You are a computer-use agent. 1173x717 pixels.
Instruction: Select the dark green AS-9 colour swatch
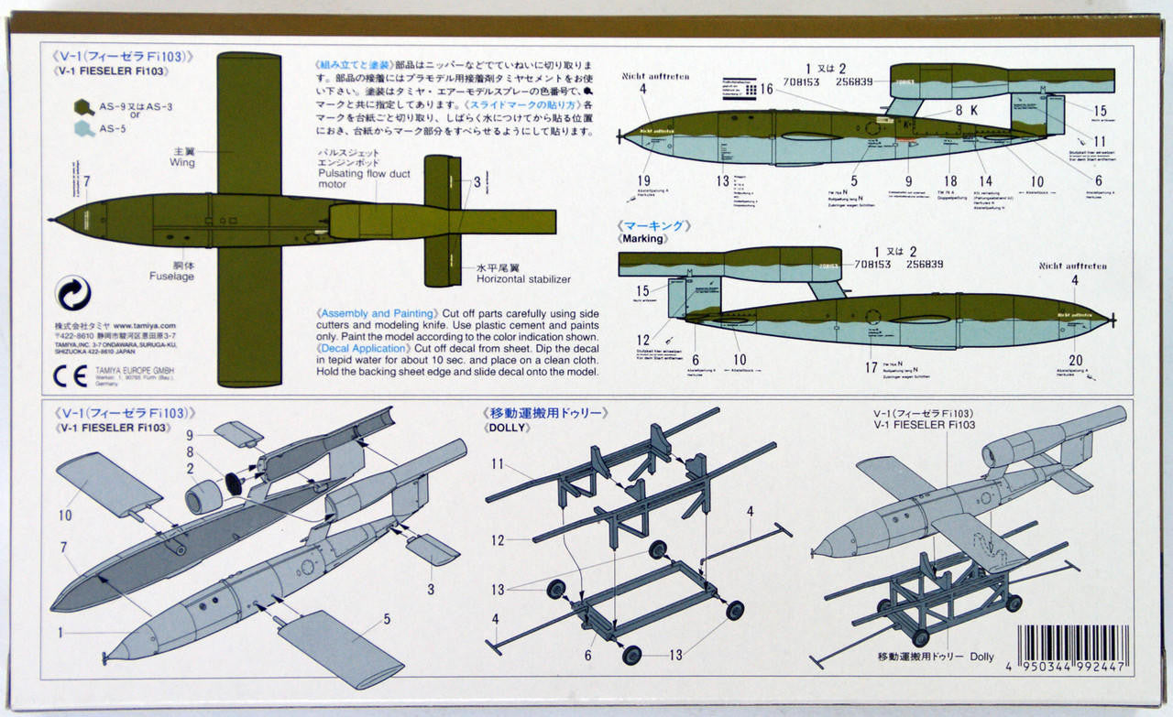click(82, 108)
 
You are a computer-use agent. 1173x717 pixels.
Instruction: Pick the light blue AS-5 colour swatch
click(82, 129)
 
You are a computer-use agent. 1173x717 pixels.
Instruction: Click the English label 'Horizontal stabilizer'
click(522, 278)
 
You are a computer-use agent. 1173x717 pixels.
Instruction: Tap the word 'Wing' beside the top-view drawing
click(181, 162)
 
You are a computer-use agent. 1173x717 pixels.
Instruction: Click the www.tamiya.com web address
click(145, 325)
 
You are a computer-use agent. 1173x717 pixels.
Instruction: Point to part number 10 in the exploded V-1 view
click(64, 516)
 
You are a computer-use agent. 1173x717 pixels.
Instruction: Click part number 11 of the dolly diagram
click(498, 465)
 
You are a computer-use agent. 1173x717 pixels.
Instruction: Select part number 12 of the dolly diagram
click(498, 540)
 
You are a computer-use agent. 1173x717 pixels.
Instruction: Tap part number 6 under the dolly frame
click(588, 657)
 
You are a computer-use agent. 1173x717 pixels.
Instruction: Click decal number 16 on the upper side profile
click(766, 89)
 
